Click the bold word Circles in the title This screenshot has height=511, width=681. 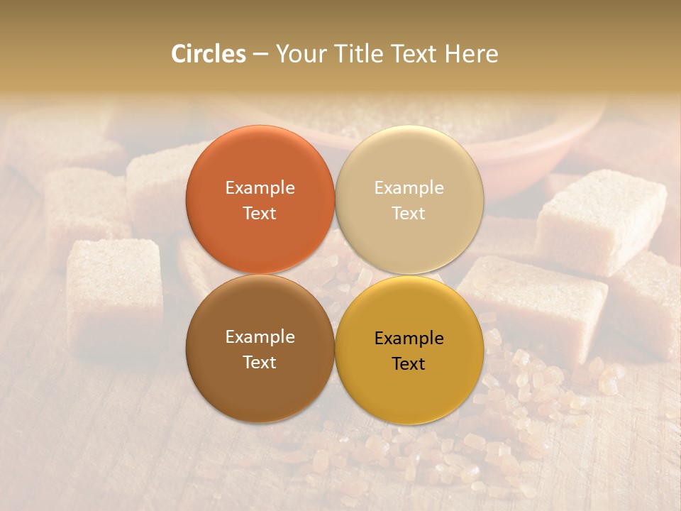209,54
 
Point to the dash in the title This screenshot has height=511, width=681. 260,55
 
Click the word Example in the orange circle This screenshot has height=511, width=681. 260,187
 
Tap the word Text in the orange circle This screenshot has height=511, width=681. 260,213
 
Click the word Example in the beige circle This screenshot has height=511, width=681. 409,187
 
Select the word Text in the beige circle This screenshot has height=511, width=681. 409,213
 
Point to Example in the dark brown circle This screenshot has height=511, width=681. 260,336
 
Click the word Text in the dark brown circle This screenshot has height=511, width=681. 260,362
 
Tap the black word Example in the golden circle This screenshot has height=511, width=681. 409,338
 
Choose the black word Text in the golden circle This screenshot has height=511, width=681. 409,363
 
